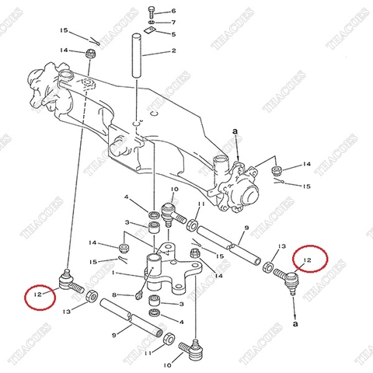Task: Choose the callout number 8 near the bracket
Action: click(x=115, y=295)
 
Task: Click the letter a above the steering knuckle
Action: click(x=233, y=133)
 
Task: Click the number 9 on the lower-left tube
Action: click(x=113, y=335)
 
